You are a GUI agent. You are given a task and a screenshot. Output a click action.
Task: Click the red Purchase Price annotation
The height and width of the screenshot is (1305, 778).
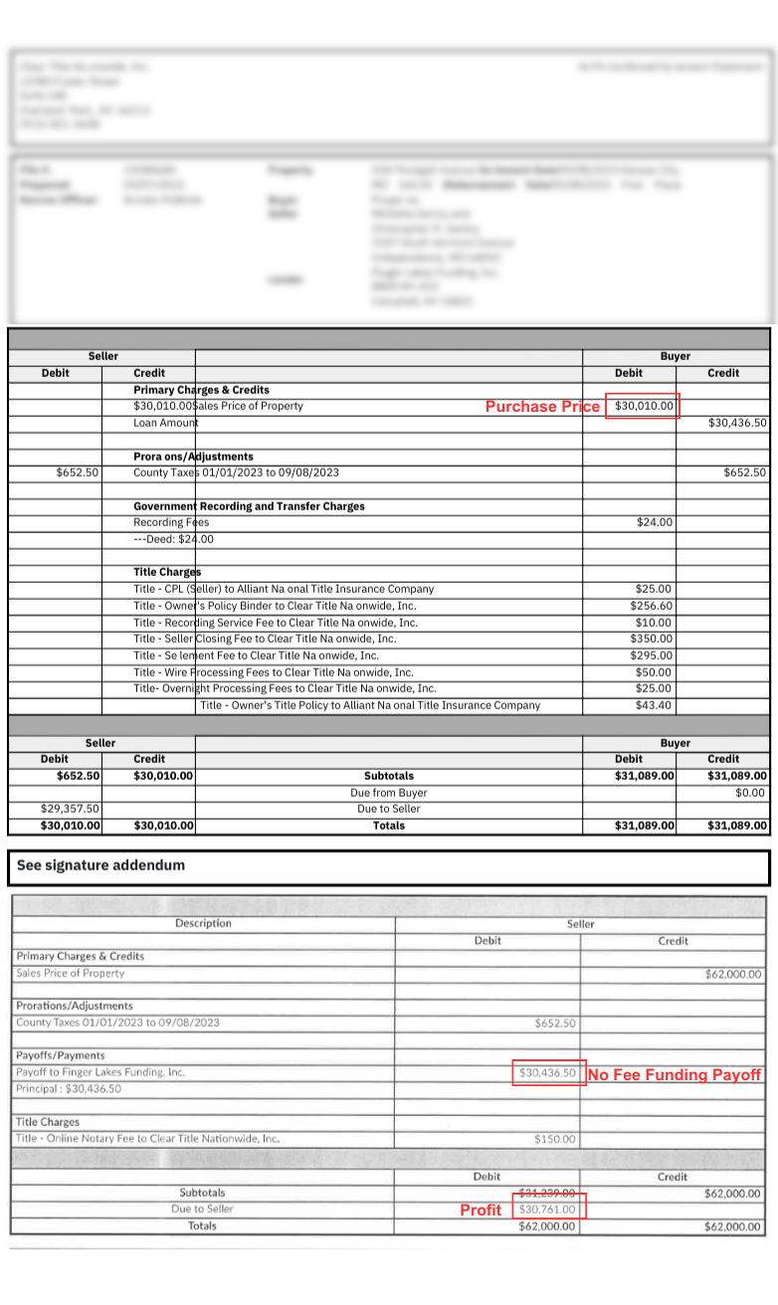pyautogui.click(x=542, y=407)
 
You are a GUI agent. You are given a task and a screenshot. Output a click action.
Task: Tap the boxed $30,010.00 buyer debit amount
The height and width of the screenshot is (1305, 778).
pyautogui.click(x=644, y=406)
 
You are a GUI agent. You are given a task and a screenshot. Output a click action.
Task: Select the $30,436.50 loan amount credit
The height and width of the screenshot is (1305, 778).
pyautogui.click(x=737, y=423)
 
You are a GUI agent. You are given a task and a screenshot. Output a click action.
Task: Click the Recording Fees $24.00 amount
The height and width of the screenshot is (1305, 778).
pyautogui.click(x=654, y=522)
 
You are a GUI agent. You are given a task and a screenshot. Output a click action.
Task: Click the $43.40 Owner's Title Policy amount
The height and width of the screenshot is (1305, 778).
pyautogui.click(x=654, y=705)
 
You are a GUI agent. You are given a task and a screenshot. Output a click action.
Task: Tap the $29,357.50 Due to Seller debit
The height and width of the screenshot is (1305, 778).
pyautogui.click(x=70, y=809)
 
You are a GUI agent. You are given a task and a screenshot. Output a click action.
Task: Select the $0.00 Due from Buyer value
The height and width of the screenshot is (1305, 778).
pyautogui.click(x=750, y=793)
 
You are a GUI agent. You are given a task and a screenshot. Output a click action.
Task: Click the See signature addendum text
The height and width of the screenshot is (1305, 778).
pyautogui.click(x=100, y=865)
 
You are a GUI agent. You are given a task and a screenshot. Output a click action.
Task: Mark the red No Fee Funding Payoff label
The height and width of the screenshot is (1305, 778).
pyautogui.click(x=675, y=1075)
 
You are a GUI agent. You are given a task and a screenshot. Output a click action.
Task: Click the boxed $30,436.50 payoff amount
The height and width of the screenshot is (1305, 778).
pyautogui.click(x=547, y=1073)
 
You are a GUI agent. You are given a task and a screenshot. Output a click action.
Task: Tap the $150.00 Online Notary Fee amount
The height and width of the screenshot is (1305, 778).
pyautogui.click(x=556, y=1140)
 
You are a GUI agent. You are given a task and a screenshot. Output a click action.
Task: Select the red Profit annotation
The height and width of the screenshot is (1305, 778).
pyautogui.click(x=481, y=1211)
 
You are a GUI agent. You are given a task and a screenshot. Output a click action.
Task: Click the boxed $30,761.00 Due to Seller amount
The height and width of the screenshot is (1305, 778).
pyautogui.click(x=547, y=1210)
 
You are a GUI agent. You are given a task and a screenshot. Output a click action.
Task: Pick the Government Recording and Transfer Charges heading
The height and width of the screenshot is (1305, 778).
pyautogui.click(x=249, y=506)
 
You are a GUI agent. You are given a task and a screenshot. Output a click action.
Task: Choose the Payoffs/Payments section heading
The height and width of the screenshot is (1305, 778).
pyautogui.click(x=60, y=1055)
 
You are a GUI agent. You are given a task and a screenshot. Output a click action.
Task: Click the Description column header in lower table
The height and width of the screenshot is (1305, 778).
pyautogui.click(x=203, y=923)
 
